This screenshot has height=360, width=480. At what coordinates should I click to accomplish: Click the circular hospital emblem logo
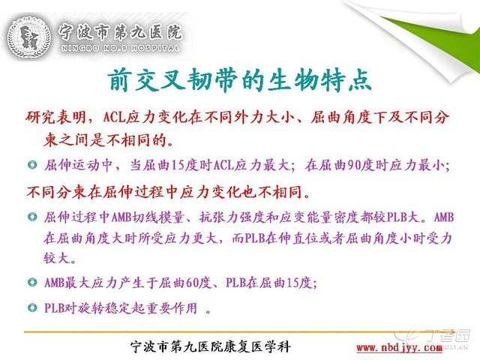point(28,37)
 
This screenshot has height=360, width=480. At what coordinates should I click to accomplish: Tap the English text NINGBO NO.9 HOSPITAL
point(120,48)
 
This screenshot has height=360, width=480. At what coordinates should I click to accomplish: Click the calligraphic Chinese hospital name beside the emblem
point(120,31)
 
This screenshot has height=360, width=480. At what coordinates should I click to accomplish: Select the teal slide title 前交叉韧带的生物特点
point(239,80)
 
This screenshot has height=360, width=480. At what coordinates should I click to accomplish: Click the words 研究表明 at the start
point(55,117)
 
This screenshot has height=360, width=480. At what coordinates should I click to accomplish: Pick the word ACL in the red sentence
point(115,118)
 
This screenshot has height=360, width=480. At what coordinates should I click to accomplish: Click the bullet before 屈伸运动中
point(32,165)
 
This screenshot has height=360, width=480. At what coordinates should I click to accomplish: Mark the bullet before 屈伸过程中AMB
point(32,217)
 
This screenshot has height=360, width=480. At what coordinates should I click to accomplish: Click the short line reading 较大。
point(60,258)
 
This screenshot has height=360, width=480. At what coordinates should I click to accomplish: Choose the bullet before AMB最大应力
point(32,282)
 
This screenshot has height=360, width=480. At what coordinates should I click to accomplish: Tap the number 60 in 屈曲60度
point(192,283)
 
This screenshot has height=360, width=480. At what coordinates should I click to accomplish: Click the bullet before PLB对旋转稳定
point(32,307)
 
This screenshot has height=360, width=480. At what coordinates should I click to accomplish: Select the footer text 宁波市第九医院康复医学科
point(211,346)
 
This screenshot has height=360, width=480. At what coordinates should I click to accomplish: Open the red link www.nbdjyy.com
point(399,348)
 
